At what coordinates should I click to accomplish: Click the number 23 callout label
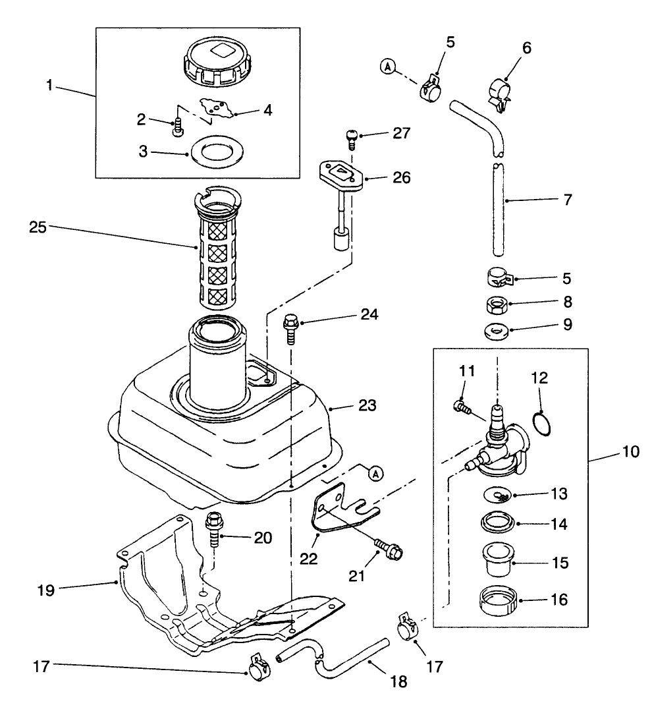click(x=368, y=405)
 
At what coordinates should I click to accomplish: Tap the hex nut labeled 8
click(x=495, y=304)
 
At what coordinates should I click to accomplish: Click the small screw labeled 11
click(x=461, y=408)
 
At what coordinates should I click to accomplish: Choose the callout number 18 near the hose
click(x=398, y=682)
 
